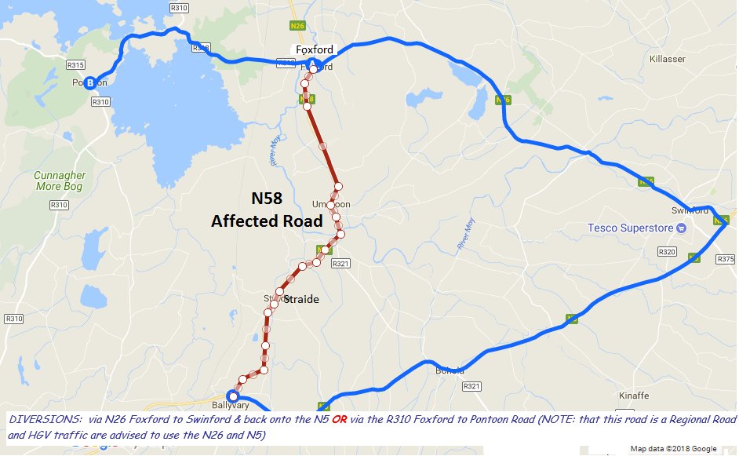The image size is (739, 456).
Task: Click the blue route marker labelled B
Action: pyautogui.click(x=90, y=82)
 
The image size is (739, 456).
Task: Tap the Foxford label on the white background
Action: pyautogui.click(x=314, y=49)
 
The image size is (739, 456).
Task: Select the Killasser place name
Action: pyautogui.click(x=668, y=59)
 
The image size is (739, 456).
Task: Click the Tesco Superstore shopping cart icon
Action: pyautogui.click(x=682, y=228)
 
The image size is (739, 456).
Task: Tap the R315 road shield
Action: pyautogui.click(x=76, y=65)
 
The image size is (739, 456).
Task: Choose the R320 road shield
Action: pyautogui.click(x=667, y=252)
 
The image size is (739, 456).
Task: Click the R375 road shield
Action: pyautogui.click(x=726, y=259)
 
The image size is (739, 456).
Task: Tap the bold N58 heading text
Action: pyautogui.click(x=267, y=199)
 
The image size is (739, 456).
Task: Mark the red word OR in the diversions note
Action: pyautogui.click(x=340, y=419)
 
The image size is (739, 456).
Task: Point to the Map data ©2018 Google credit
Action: pyautogui.click(x=673, y=449)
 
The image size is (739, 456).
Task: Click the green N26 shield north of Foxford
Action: pyautogui.click(x=297, y=26)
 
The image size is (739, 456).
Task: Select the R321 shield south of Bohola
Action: pyautogui.click(x=471, y=386)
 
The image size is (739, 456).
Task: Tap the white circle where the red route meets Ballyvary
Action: pyautogui.click(x=232, y=396)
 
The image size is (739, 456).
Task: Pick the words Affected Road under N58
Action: pyautogui.click(x=267, y=222)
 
